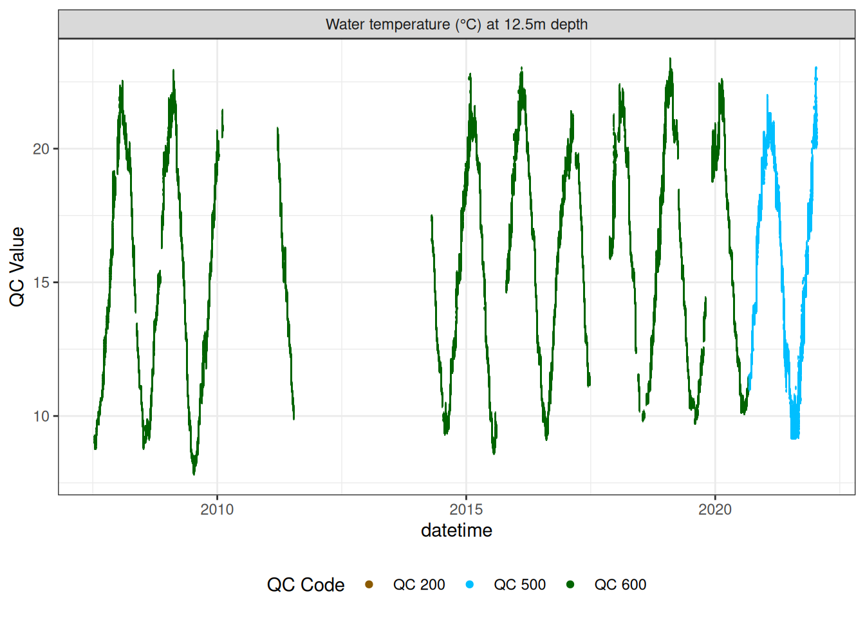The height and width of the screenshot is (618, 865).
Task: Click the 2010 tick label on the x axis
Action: click(217, 509)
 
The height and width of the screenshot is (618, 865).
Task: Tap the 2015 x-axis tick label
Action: click(466, 509)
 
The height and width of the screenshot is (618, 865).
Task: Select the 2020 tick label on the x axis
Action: click(715, 509)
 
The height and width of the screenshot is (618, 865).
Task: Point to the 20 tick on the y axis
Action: click(41, 149)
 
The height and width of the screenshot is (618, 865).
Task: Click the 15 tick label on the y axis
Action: click(41, 283)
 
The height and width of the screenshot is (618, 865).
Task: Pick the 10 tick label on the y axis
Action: click(41, 417)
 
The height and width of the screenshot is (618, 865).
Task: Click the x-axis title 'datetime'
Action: click(456, 530)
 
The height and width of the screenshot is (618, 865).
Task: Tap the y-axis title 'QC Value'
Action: click(17, 267)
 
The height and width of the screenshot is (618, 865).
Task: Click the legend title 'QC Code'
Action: click(306, 585)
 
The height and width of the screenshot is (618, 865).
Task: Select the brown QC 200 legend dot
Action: click(369, 585)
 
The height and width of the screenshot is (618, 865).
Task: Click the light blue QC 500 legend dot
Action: click(470, 585)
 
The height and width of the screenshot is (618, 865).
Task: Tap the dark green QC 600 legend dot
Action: click(570, 585)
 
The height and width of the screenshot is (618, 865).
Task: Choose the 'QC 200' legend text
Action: click(419, 585)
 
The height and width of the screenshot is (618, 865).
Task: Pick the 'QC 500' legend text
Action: click(519, 585)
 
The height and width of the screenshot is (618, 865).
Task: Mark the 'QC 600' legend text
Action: click(620, 585)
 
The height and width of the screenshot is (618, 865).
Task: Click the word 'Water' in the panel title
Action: click(343, 24)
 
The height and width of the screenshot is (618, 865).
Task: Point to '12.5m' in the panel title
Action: click(525, 24)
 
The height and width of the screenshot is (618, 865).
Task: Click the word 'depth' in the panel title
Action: click(569, 24)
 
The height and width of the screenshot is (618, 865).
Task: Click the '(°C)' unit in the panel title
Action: click(469, 24)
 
